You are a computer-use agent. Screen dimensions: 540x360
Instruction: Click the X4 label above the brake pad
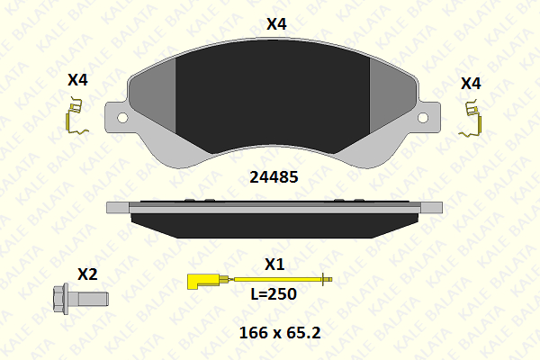click(276, 24)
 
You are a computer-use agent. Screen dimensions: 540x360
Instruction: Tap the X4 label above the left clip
click(77, 80)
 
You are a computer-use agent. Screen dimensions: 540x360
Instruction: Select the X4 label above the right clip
click(471, 84)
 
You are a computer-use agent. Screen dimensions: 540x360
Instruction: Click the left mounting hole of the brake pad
click(122, 118)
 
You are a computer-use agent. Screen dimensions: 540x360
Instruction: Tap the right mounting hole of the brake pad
click(423, 118)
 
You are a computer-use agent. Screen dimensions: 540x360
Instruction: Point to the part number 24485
click(274, 177)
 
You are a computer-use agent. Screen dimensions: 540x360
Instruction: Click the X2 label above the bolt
click(87, 274)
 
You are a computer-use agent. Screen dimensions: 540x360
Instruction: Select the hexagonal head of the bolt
click(60, 299)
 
